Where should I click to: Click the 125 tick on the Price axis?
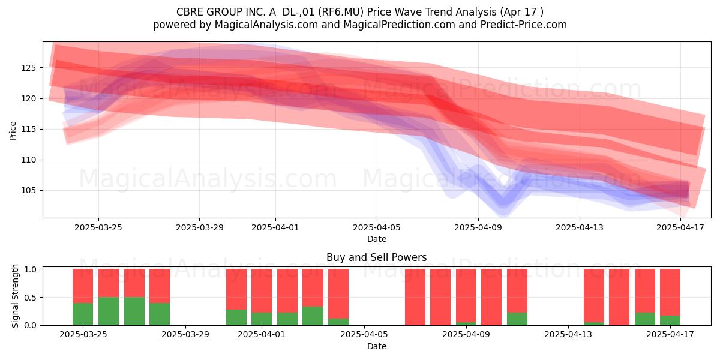(28, 68)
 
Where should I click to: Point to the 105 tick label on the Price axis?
(28, 191)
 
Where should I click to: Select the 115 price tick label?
(28, 129)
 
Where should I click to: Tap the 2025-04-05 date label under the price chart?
(377, 227)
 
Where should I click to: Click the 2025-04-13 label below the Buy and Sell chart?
(568, 334)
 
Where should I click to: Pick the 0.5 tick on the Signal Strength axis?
(31, 298)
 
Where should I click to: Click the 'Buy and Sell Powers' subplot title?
(377, 257)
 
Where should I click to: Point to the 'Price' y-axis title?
(13, 131)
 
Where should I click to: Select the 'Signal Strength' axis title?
(15, 296)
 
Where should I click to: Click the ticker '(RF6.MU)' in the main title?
(341, 12)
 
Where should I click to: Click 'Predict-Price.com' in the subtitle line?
(524, 25)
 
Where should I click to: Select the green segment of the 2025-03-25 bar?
(83, 314)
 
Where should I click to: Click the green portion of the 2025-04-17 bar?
(670, 320)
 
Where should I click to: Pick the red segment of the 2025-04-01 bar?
(262, 290)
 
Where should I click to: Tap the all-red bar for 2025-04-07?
(415, 297)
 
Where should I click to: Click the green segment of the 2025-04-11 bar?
(517, 319)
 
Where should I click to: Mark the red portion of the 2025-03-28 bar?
(160, 286)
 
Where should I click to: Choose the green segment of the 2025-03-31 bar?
(236, 317)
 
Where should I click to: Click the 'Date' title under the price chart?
(377, 239)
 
